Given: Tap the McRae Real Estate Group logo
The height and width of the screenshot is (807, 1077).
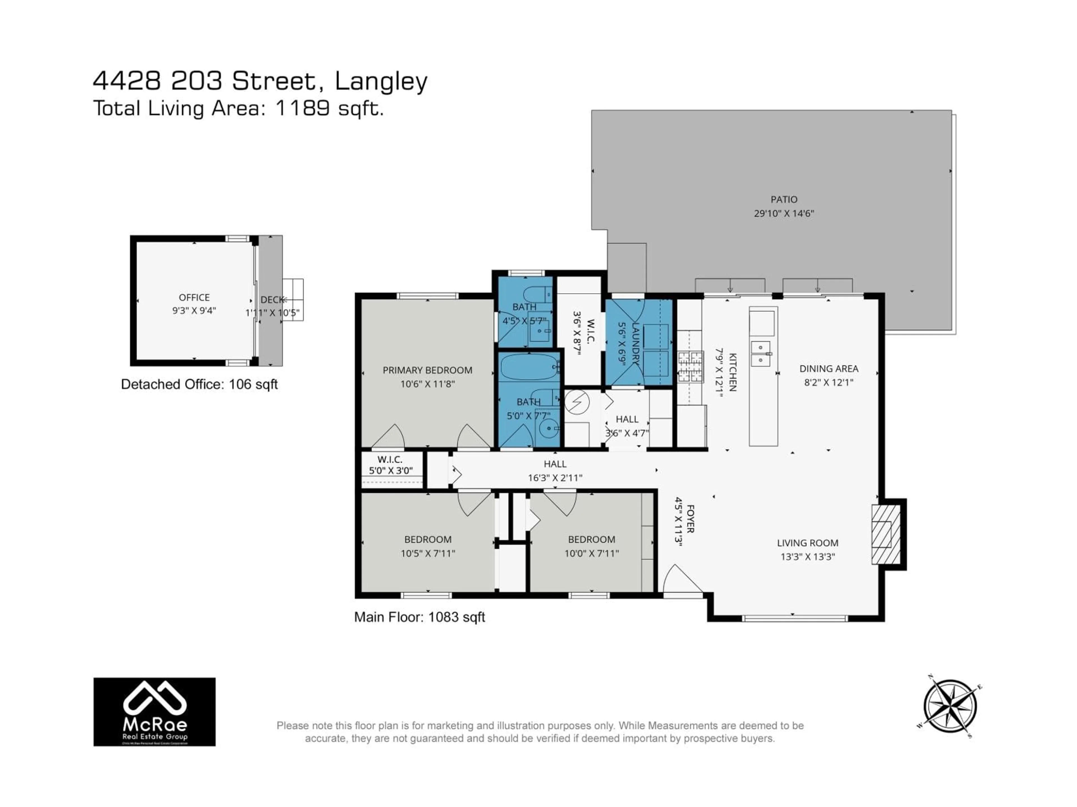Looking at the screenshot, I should pos(154,712).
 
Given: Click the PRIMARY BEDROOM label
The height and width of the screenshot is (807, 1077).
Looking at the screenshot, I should pos(427,370).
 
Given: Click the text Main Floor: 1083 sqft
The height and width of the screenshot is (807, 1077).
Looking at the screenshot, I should pos(419,617).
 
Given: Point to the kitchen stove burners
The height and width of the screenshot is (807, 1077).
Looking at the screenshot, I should pos(691,366).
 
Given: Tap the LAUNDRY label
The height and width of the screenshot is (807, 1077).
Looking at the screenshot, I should pos(635,344).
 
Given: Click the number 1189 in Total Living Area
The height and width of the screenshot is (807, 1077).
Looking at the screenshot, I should pos(303,108).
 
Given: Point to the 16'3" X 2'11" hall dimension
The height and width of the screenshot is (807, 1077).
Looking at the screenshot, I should pos(555,478).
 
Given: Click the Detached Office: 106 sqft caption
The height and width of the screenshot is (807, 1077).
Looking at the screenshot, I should pos(199,384).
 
